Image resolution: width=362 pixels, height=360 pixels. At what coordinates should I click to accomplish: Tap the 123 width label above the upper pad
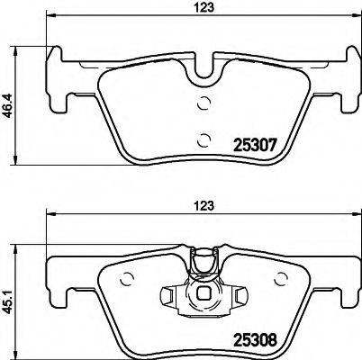(x=206, y=10)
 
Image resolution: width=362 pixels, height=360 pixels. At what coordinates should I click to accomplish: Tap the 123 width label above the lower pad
(x=206, y=206)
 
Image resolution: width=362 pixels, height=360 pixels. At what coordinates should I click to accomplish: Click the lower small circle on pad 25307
(x=203, y=139)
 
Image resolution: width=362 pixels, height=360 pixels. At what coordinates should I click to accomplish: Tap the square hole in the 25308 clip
(x=204, y=292)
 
